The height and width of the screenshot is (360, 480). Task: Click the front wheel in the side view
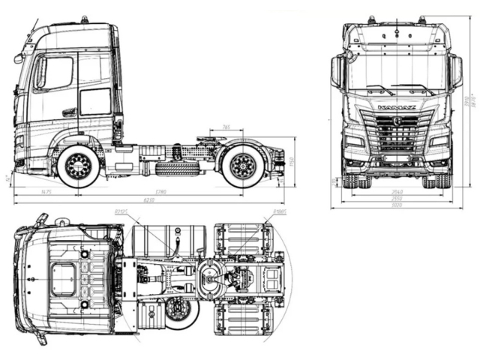click(78, 166)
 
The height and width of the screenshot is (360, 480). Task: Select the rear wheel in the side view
click(243, 166)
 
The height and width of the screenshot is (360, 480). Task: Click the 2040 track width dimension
click(397, 192)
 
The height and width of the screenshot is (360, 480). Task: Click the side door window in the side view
click(56, 73)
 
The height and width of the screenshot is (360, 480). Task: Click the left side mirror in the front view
click(337, 72)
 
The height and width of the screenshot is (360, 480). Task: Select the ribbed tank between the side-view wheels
click(177, 168)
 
